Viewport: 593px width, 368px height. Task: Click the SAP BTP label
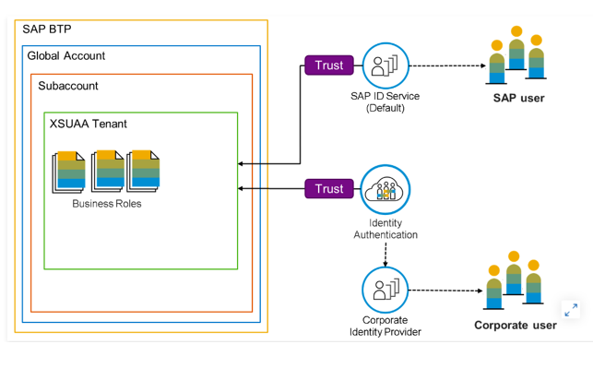[x=47, y=30]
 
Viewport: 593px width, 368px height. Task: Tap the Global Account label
[x=66, y=55]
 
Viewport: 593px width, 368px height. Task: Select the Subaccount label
[x=68, y=86]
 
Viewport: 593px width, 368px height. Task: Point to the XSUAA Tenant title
[x=89, y=124]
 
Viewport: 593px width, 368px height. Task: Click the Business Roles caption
[x=107, y=204]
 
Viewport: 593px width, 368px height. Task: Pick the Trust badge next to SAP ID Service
[x=329, y=65]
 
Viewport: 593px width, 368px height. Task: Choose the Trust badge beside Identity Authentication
[x=329, y=188]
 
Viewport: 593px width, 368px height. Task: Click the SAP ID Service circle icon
[x=385, y=65]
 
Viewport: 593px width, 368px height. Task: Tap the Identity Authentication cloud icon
[x=385, y=189]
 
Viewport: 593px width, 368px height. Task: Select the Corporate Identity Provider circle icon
[x=385, y=291]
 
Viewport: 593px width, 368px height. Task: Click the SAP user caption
[x=519, y=98]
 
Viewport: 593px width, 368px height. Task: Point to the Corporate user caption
[x=516, y=326]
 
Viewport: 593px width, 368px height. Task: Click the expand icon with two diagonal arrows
[x=571, y=310]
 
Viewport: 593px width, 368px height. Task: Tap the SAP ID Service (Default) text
[x=385, y=102]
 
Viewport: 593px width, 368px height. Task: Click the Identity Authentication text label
[x=385, y=229]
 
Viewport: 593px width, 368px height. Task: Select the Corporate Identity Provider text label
[x=385, y=326]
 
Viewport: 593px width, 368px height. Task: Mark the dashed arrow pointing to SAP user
[x=448, y=65]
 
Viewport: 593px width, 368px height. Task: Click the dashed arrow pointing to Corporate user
[x=445, y=291]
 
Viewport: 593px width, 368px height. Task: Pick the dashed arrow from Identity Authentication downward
[x=385, y=255]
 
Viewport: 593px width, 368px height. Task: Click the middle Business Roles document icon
[x=108, y=171]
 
